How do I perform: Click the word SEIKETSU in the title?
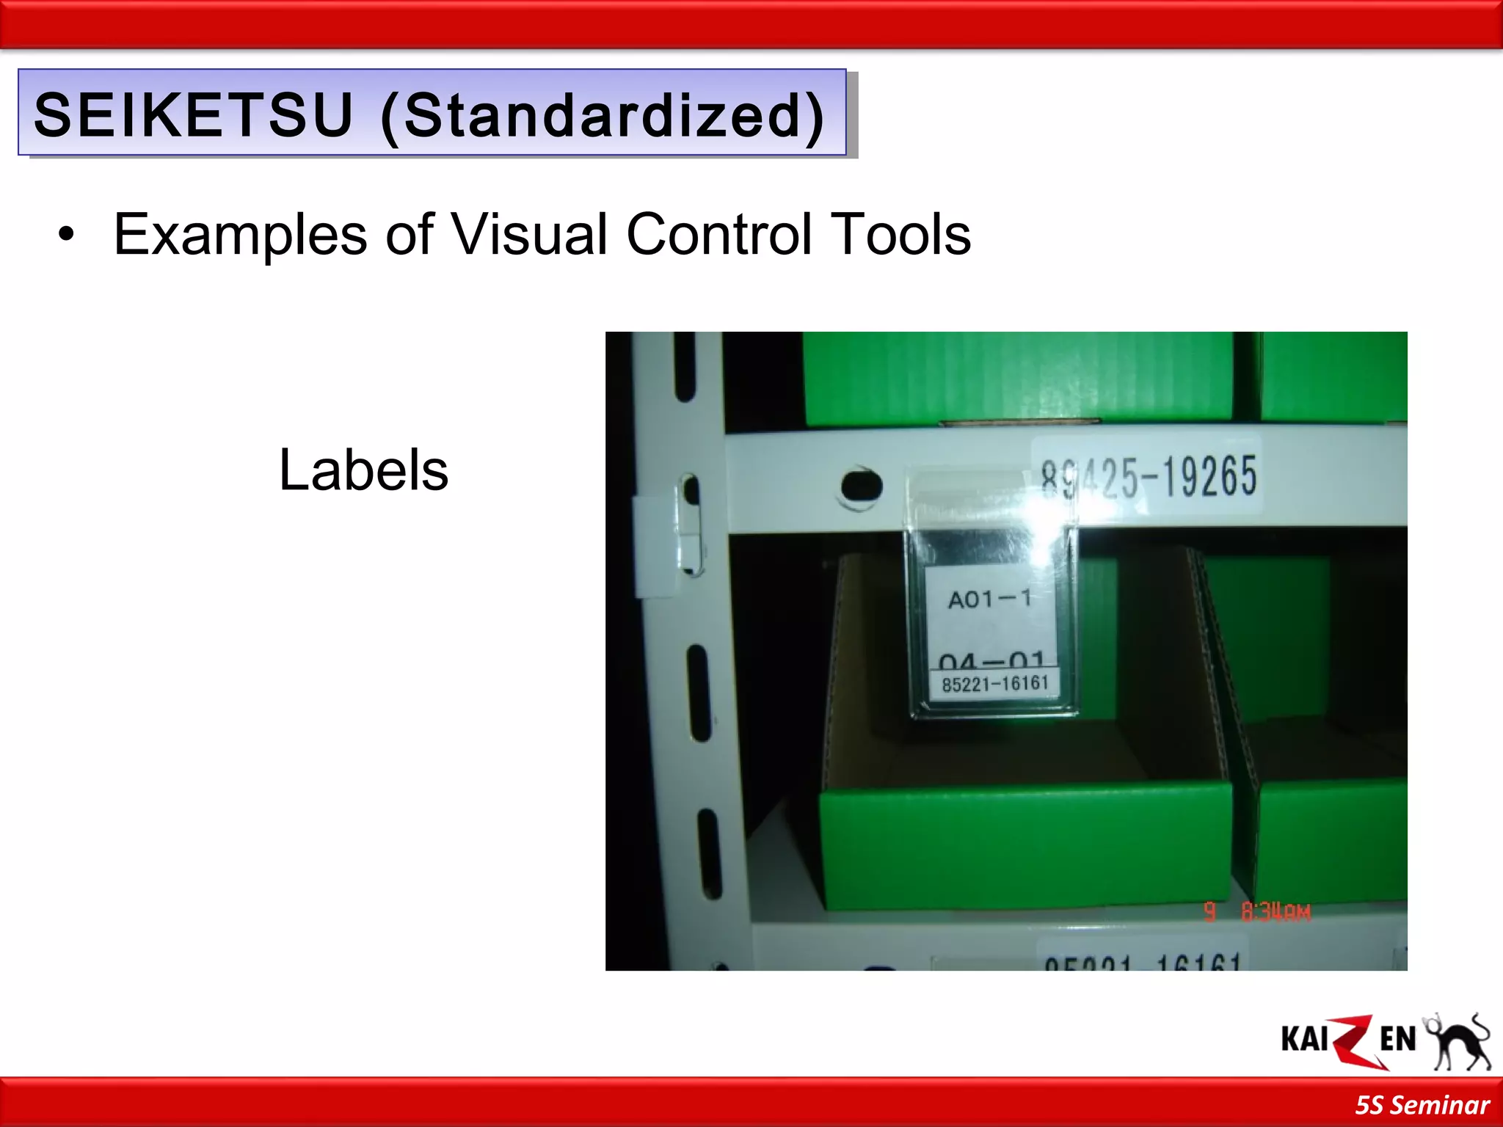coord(194,114)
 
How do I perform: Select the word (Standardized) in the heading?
coord(603,116)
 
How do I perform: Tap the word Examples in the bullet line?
coord(240,235)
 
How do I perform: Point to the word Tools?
coord(902,235)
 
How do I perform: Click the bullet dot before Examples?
coord(67,235)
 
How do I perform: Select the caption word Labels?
coord(363,470)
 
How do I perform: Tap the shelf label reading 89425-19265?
coord(1149,475)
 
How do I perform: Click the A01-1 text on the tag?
coord(989,599)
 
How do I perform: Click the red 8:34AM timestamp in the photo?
coord(1275,912)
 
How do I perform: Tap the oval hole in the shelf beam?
coord(860,485)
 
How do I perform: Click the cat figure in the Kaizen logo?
coord(1459,1042)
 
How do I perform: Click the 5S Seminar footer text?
coord(1422,1105)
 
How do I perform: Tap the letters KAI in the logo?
coord(1304,1040)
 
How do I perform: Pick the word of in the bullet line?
coord(409,235)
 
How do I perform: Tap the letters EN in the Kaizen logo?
coord(1397,1040)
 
